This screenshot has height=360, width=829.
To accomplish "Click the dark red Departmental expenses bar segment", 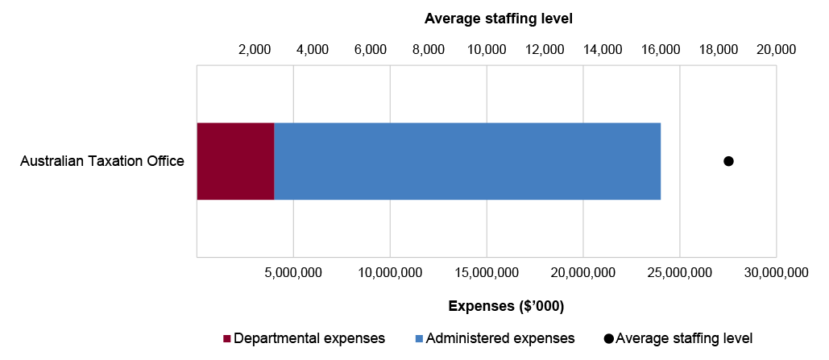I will [235, 161].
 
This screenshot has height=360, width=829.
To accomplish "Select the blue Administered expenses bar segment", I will [467, 161].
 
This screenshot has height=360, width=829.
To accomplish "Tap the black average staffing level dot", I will [728, 161].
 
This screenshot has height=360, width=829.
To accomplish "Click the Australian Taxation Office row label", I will [102, 161].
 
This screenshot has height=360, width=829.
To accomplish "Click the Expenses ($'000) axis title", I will [505, 306].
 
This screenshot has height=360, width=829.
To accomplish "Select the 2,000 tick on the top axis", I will [255, 50].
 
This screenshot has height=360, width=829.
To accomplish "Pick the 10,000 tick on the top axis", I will [487, 50].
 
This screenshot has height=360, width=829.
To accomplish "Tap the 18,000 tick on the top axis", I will [718, 50].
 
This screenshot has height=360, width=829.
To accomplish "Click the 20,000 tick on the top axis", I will [776, 50].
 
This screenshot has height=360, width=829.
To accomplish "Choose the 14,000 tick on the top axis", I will [602, 50].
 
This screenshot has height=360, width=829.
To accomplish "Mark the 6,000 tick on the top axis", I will [371, 50].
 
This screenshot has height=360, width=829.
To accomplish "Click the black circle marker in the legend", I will [608, 338].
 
